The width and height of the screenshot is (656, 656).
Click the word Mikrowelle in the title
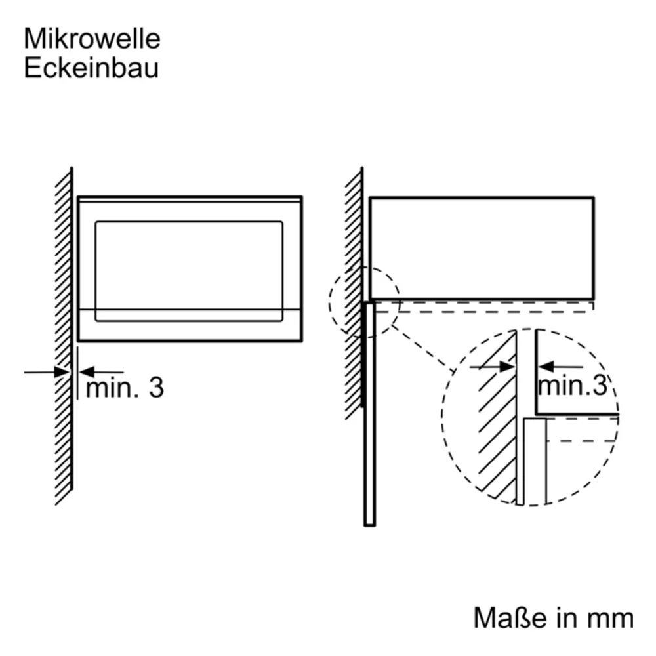[x=92, y=39]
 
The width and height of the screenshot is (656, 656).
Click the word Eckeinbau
[x=91, y=68]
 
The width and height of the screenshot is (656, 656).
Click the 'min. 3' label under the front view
[x=125, y=388]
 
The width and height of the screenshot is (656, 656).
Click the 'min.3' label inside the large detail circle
[x=572, y=385]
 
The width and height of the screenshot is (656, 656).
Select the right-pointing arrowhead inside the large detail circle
[x=507, y=367]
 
